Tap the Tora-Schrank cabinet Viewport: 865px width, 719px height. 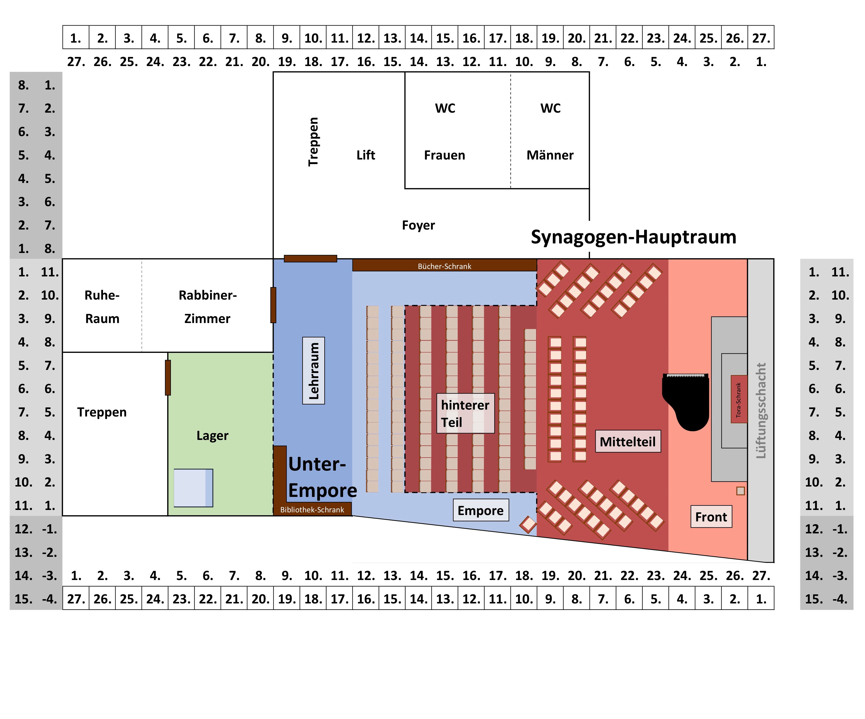pyautogui.click(x=739, y=399)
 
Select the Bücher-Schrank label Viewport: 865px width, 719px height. pyautogui.click(x=444, y=266)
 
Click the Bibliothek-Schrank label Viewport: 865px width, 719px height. pyautogui.click(x=312, y=510)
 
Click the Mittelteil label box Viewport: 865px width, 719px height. pyautogui.click(x=628, y=441)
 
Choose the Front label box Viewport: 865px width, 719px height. pyautogui.click(x=711, y=517)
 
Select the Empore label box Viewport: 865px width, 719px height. pyautogui.click(x=481, y=510)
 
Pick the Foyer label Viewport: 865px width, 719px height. pyautogui.click(x=418, y=225)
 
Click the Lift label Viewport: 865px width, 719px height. pyautogui.click(x=366, y=155)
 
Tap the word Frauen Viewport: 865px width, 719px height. pyautogui.click(x=444, y=155)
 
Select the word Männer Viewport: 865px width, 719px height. pyautogui.click(x=550, y=155)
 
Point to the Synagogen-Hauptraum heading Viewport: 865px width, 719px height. pyautogui.click(x=633, y=237)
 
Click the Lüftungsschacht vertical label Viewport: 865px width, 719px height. pyautogui.click(x=761, y=410)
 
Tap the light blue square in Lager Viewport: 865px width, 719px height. pyautogui.click(x=193, y=488)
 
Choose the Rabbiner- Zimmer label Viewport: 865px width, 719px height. pyautogui.click(x=208, y=307)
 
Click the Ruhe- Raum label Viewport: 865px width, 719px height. pyautogui.click(x=102, y=307)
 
